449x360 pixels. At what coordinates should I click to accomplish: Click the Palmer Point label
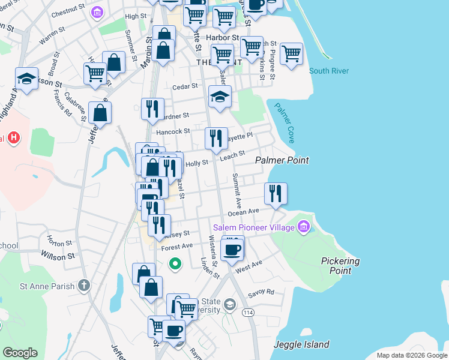(282, 160)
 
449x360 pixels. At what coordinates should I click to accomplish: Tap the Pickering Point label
(340, 266)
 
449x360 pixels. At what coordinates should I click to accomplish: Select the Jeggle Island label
(301, 344)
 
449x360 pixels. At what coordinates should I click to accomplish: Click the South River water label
(329, 71)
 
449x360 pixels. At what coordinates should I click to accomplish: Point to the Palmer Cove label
(284, 123)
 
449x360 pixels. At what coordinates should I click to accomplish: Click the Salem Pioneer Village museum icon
(304, 227)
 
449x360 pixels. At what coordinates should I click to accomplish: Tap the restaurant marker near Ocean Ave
(276, 194)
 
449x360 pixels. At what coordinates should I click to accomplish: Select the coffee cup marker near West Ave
(232, 250)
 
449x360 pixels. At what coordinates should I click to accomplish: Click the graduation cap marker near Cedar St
(220, 97)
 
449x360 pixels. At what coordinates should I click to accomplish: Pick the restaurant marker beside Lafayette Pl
(216, 139)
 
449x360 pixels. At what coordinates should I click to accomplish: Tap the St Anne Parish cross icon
(86, 284)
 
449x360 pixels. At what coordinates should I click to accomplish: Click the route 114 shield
(247, 313)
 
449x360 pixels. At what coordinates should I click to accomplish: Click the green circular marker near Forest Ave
(175, 263)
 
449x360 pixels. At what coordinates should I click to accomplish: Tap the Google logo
(20, 352)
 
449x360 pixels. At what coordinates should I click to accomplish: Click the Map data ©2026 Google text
(411, 355)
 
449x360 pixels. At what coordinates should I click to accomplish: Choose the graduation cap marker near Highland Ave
(26, 79)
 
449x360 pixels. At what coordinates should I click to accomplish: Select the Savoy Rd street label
(261, 293)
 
